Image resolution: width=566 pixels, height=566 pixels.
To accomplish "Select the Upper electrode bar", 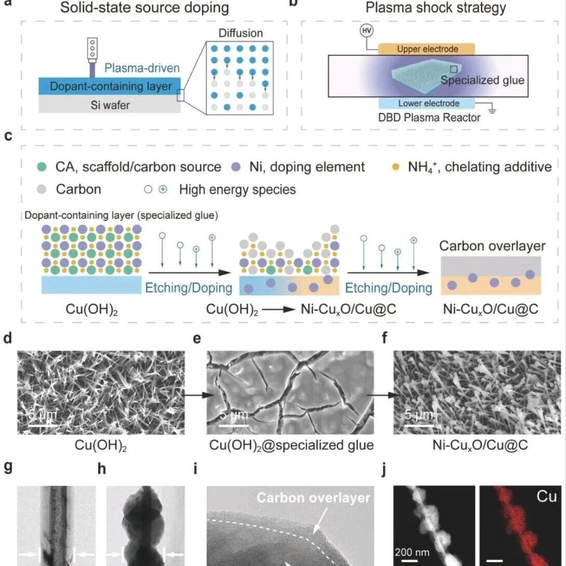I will click(427, 49).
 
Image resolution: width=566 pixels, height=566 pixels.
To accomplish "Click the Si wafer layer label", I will click(108, 105).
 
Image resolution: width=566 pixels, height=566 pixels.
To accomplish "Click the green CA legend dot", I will click(42, 167).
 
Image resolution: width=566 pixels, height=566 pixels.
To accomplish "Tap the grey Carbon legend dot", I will click(42, 189).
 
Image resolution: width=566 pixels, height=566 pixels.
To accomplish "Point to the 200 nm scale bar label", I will click(412, 551).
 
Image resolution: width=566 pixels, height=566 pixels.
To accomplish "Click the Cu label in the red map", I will click(546, 497).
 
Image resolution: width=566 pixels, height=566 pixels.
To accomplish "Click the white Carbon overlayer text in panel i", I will click(313, 498).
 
